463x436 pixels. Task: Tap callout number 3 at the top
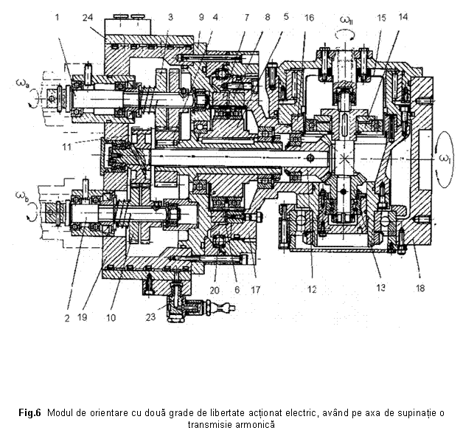(x=169, y=15)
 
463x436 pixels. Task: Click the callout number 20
(x=213, y=289)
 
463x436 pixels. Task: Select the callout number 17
(x=254, y=289)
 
